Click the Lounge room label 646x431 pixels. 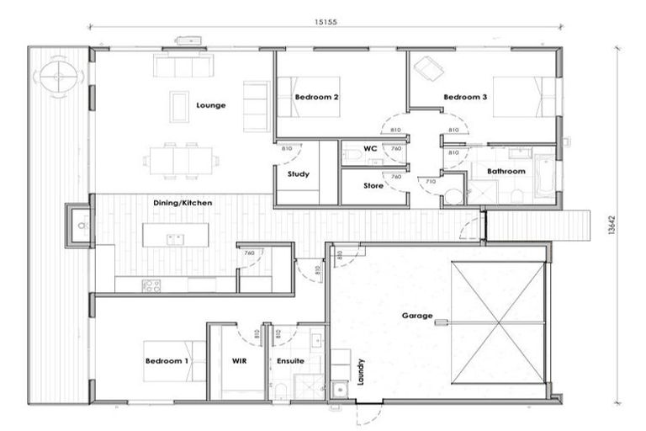(x=210, y=105)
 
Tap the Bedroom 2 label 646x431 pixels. (x=316, y=98)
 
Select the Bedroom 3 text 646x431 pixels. (x=465, y=98)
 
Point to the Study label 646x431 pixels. (x=298, y=174)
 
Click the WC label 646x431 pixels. (x=369, y=148)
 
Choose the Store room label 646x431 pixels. (x=373, y=185)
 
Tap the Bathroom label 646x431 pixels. (x=506, y=171)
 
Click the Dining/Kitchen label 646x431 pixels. (x=183, y=203)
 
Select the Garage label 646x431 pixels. (x=417, y=317)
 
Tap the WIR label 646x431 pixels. (x=239, y=361)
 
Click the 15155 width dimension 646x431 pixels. (x=322, y=23)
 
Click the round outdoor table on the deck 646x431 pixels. (x=57, y=76)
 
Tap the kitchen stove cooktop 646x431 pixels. (x=151, y=285)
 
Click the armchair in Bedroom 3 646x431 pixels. (x=428, y=67)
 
